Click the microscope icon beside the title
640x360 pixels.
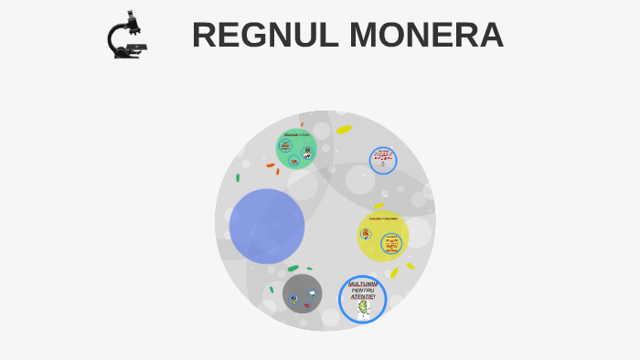click(x=126, y=36)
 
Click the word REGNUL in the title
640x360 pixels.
click(x=255, y=36)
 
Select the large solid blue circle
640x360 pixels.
click(x=266, y=226)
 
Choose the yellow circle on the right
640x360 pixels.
click(x=382, y=236)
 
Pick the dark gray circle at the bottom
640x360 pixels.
click(x=302, y=294)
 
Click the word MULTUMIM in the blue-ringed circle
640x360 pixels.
click(x=363, y=284)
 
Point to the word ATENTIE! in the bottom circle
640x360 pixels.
click(x=363, y=297)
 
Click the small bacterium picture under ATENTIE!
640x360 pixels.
click(x=363, y=310)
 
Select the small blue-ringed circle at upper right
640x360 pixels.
click(x=383, y=161)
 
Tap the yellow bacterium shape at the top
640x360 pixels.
click(x=344, y=129)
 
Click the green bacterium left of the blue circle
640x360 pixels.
click(x=238, y=177)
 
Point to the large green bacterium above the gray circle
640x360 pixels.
click(x=293, y=269)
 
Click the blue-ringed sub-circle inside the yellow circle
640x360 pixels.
click(x=391, y=244)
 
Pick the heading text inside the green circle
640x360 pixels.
click(x=297, y=134)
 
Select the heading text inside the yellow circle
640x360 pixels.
click(x=383, y=218)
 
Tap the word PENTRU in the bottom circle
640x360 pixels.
click(x=363, y=291)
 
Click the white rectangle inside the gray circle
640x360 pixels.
click(x=312, y=293)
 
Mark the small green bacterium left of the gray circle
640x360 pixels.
click(x=272, y=290)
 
